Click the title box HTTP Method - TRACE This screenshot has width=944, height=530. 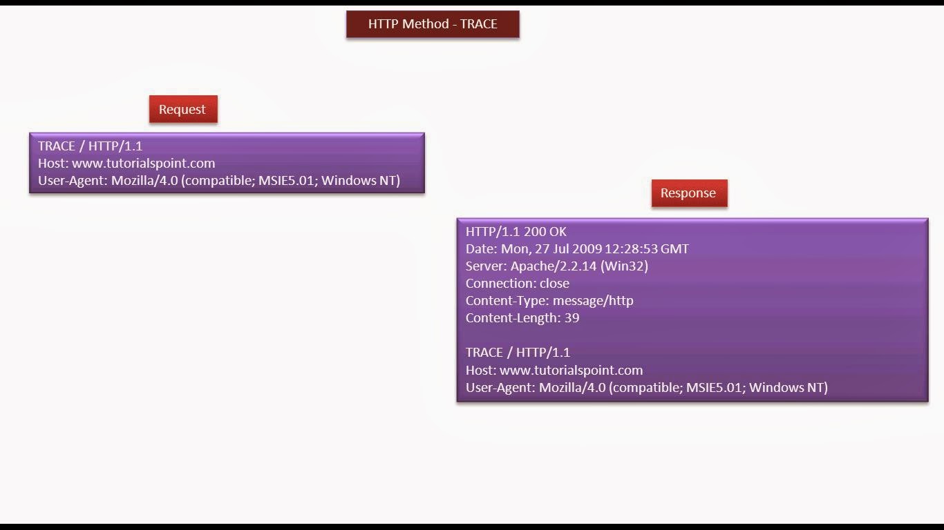tap(433, 24)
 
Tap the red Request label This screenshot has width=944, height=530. tap(182, 110)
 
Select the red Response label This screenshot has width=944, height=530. tap(688, 193)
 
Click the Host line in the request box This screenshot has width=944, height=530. tap(126, 164)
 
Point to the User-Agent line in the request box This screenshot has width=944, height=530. tap(219, 181)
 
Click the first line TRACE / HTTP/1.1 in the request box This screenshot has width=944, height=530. tap(90, 146)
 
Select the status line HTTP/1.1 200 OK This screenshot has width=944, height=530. tap(516, 232)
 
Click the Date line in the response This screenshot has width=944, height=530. tap(577, 249)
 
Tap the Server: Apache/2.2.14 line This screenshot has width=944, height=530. tap(556, 266)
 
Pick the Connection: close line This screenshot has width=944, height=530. tap(517, 284)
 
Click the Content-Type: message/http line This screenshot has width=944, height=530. tap(549, 301)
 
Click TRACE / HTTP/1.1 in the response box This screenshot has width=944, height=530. tap(518, 353)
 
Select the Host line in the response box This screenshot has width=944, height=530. tap(554, 371)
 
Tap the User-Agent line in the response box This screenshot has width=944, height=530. tap(646, 388)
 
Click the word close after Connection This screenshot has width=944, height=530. tap(554, 284)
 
